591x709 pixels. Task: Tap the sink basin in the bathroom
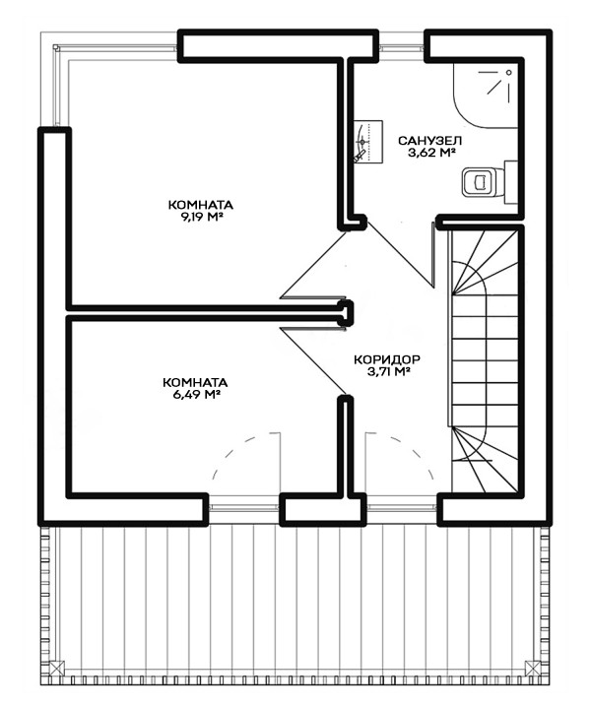tap(368, 141)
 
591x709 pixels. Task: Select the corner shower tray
tap(486, 95)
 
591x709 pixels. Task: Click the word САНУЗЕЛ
tap(430, 141)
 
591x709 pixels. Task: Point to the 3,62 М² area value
tap(430, 153)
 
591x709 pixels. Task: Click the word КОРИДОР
tap(387, 360)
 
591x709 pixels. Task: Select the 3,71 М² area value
tap(388, 372)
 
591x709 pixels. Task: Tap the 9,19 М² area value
tap(202, 217)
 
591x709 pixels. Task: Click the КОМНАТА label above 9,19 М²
tap(201, 205)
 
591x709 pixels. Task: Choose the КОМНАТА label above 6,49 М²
tap(195, 382)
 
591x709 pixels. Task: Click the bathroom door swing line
tap(400, 254)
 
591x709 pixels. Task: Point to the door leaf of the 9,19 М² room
tap(314, 265)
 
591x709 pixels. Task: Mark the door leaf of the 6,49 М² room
tap(313, 360)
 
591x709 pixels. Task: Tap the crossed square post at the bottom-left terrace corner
tap(56, 668)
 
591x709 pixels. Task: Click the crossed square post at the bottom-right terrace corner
tap(534, 668)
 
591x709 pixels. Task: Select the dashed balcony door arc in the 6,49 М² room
tap(232, 446)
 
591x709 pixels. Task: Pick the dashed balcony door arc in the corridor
tap(413, 448)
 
